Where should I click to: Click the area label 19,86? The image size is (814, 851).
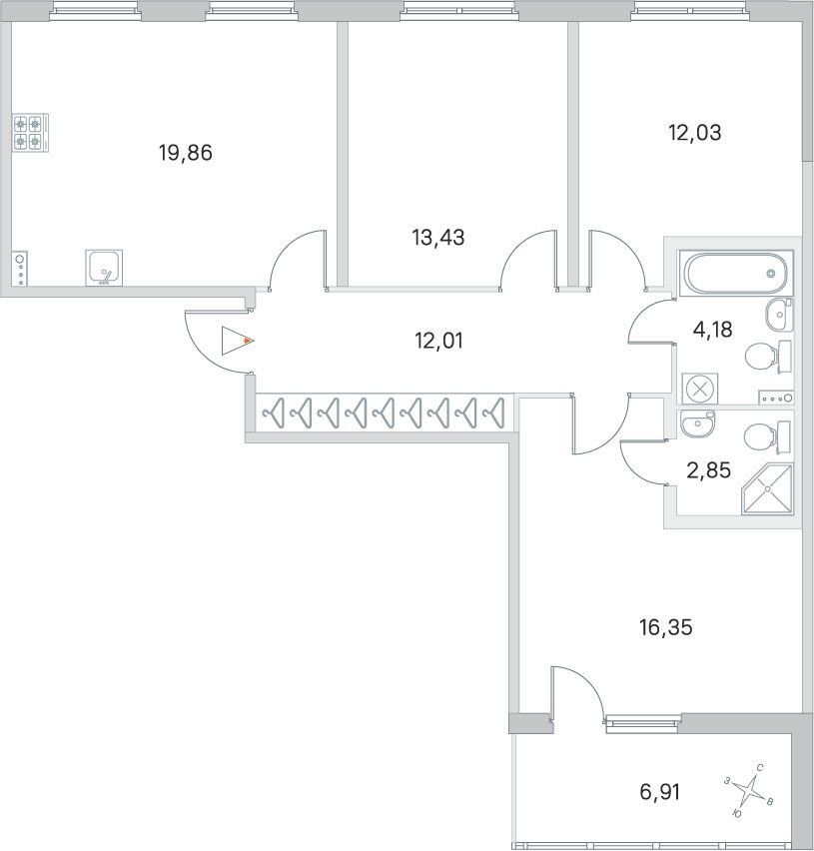pyautogui.click(x=186, y=153)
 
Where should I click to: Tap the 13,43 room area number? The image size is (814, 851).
pyautogui.click(x=437, y=238)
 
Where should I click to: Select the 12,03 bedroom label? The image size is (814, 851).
pyautogui.click(x=695, y=133)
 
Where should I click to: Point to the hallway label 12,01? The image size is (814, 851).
pyautogui.click(x=438, y=341)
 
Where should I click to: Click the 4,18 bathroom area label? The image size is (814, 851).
pyautogui.click(x=713, y=330)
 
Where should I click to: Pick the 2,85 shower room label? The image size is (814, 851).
pyautogui.click(x=709, y=470)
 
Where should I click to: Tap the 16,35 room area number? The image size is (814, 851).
pyautogui.click(x=666, y=627)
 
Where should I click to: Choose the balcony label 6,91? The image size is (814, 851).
pyautogui.click(x=660, y=792)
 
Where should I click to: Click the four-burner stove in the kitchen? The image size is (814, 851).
pyautogui.click(x=30, y=133)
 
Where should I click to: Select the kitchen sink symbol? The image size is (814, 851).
pyautogui.click(x=104, y=268)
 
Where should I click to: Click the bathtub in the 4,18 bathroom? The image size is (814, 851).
pyautogui.click(x=736, y=273)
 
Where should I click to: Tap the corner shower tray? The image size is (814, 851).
pyautogui.click(x=767, y=489)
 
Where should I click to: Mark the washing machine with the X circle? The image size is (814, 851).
pyautogui.click(x=700, y=389)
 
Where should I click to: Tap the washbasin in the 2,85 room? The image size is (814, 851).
pyautogui.click(x=698, y=424)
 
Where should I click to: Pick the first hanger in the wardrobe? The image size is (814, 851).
pyautogui.click(x=274, y=414)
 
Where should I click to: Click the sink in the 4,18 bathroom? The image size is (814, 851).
pyautogui.click(x=780, y=315)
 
